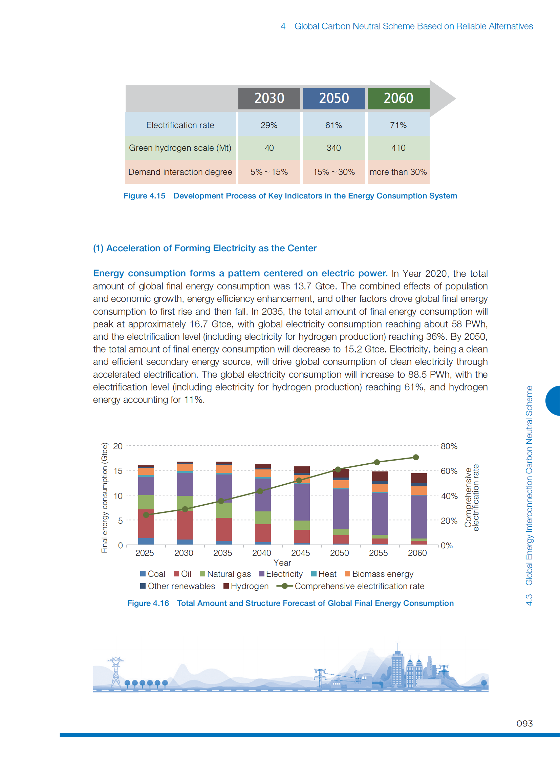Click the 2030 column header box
269,98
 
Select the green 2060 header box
398,98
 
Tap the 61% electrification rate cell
333,125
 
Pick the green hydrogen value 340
333,148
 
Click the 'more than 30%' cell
398,172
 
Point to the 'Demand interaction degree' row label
180,172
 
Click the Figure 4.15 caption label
145,196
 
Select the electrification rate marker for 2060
416,457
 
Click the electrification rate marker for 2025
146,515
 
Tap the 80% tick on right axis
449,446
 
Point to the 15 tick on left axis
117,471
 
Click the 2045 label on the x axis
300,553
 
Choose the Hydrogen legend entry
246,586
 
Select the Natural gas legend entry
225,574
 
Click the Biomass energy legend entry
379,574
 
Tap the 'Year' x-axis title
282,563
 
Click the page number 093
524,723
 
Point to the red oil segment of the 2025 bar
146,524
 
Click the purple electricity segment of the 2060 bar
418,516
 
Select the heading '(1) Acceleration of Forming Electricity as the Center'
205,248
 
